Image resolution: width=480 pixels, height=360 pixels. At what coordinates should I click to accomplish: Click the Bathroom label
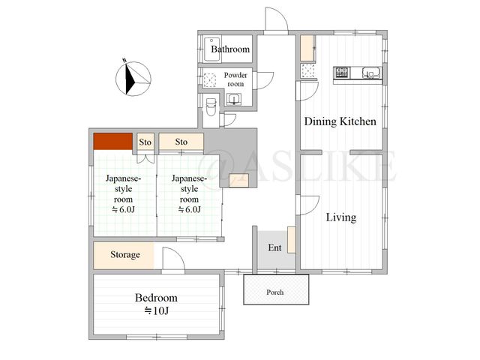coord(230,49)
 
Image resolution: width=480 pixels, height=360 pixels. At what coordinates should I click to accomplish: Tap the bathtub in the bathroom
coord(212,49)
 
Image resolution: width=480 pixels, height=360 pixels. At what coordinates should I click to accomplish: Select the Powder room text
coord(235,79)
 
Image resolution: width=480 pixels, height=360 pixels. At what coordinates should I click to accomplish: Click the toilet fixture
coord(211,106)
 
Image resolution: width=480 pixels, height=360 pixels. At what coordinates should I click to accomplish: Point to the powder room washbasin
coord(234,100)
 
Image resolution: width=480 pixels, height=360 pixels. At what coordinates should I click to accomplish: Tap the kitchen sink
coord(371,73)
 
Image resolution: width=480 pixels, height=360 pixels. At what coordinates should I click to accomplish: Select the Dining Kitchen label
coord(340,121)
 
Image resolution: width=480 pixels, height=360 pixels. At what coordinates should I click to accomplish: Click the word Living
coord(341,217)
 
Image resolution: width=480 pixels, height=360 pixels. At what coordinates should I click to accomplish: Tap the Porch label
coord(275,292)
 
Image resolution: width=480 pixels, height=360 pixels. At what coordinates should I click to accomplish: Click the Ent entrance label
coord(274,247)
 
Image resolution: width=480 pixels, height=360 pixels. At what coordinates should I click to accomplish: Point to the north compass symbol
coord(133,78)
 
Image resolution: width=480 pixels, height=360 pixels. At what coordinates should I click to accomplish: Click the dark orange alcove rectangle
coord(113,141)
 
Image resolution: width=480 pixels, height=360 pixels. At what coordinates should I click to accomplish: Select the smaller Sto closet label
coord(145,142)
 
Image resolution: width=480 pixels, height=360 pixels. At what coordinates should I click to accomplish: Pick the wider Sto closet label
coord(181,142)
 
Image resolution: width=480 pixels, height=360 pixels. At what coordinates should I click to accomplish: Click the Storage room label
coord(125,255)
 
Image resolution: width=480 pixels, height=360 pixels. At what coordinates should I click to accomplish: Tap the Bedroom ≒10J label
coord(156,304)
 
